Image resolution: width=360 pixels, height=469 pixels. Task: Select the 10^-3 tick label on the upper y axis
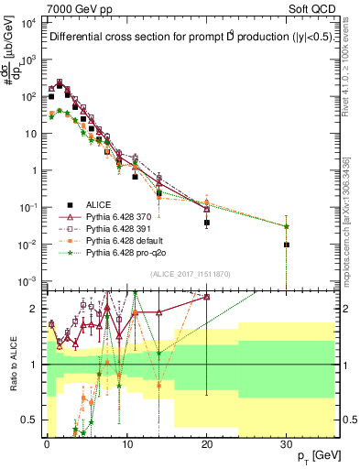click(30, 280)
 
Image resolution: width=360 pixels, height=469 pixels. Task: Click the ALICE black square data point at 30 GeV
click(287, 245)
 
